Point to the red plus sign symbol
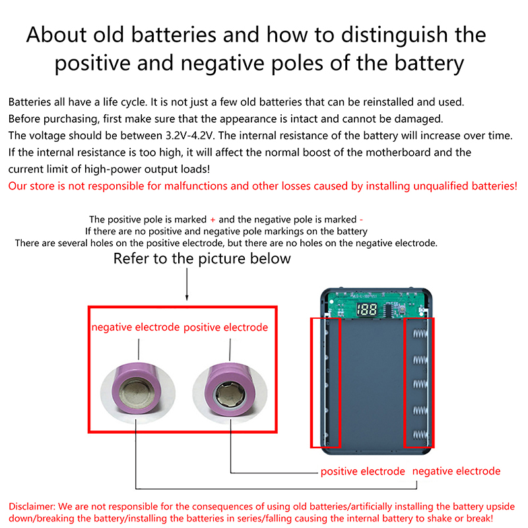(213, 219)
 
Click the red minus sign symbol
(361, 219)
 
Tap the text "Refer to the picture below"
(202, 258)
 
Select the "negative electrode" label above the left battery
(135, 327)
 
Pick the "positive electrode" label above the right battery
(226, 327)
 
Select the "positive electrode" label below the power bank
(362, 471)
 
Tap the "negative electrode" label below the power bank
(456, 471)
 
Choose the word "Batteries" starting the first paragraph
(31, 102)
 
